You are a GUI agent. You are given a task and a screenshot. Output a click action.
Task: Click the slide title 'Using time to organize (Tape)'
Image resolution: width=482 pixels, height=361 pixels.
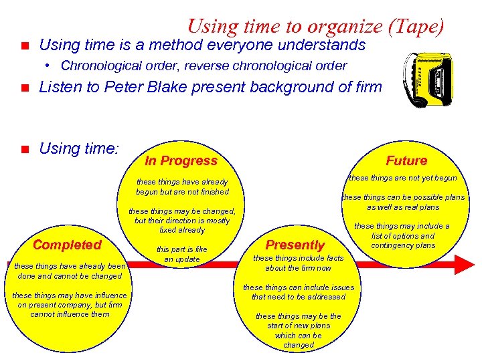click(x=315, y=26)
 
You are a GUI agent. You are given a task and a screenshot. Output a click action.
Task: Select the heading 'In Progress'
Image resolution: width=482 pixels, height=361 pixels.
click(x=181, y=160)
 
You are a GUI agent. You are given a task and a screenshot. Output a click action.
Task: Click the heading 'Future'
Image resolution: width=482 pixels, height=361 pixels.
click(x=406, y=160)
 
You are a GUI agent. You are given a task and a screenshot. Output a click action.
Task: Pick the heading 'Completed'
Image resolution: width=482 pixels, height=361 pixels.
click(x=67, y=245)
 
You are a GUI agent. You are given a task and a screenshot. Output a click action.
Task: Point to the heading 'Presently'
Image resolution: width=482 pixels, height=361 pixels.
click(x=295, y=245)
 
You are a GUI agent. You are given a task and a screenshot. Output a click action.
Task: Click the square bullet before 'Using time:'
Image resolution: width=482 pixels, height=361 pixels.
click(x=22, y=149)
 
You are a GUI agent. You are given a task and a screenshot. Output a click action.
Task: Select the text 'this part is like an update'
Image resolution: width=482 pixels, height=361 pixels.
click(x=181, y=254)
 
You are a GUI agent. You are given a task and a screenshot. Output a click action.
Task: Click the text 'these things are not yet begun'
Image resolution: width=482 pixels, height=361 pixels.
click(x=403, y=178)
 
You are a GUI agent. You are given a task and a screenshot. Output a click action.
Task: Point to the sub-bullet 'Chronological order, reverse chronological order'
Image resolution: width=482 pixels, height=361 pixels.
click(x=204, y=66)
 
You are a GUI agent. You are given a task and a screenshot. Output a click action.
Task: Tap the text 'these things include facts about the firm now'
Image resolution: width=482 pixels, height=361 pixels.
click(x=298, y=263)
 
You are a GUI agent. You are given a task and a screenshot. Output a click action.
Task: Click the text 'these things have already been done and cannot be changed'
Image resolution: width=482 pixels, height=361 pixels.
click(x=69, y=271)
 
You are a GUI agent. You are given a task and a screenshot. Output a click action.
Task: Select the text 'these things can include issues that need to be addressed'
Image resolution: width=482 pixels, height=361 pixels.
click(x=298, y=292)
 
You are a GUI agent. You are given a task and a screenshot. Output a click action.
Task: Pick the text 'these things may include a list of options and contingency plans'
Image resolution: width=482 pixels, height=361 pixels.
click(x=402, y=235)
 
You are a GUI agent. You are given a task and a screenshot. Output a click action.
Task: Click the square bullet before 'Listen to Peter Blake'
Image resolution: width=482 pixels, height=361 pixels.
click(x=22, y=88)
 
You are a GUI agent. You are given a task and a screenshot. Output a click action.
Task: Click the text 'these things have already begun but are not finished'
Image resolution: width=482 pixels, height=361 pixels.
click(x=181, y=187)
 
